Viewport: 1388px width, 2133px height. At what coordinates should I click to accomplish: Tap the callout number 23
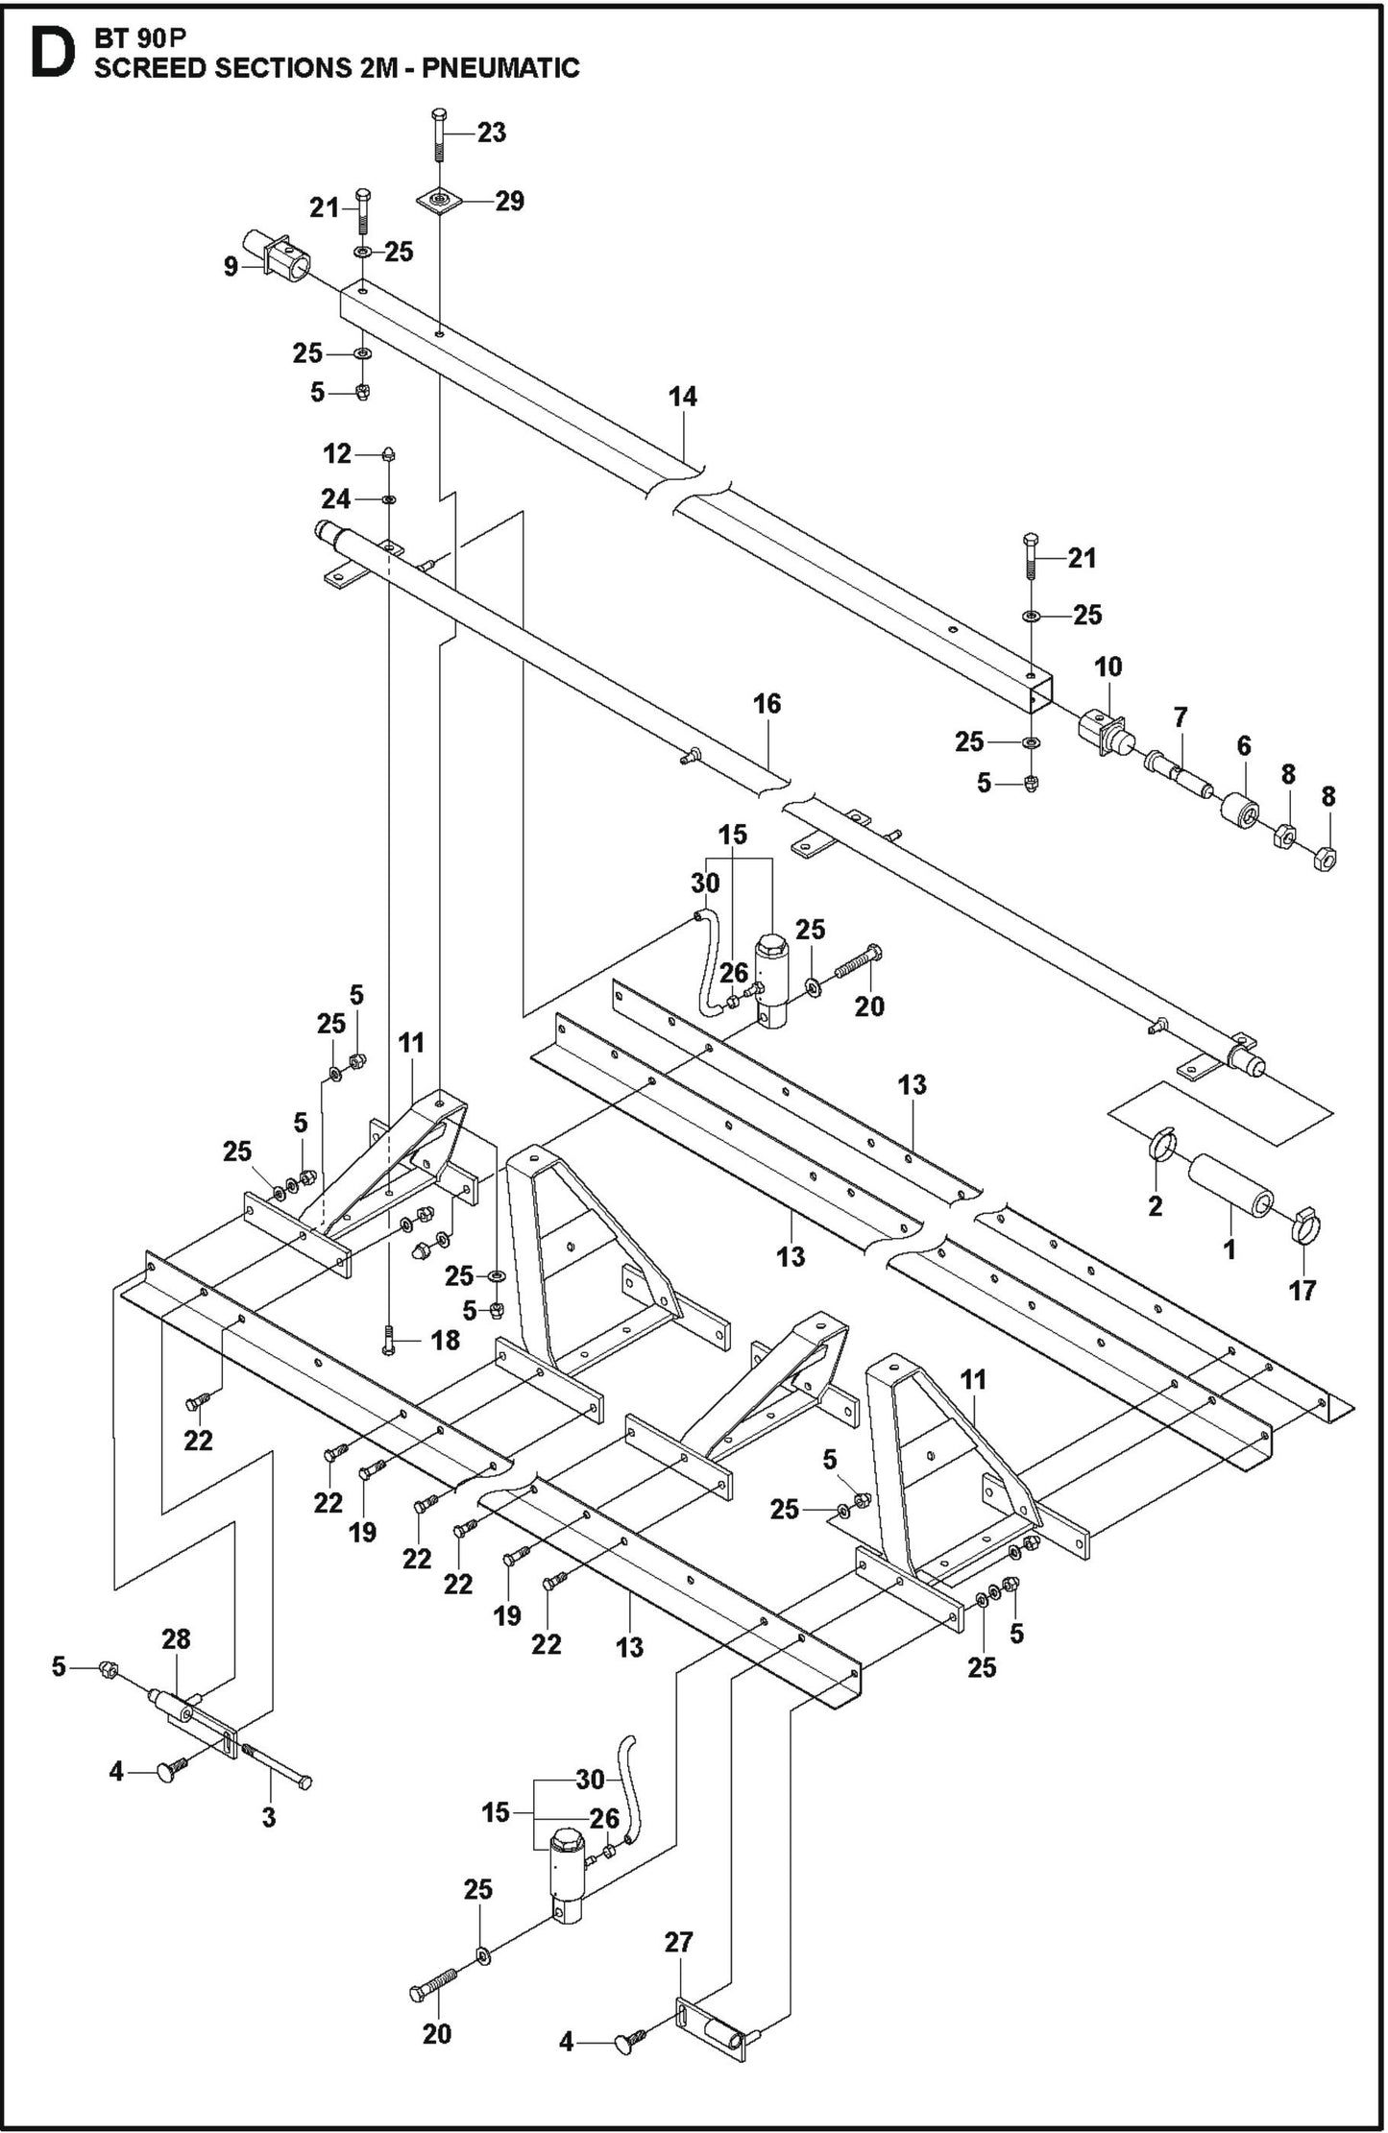pos(491,133)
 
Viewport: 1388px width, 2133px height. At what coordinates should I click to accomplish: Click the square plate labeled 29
pos(439,202)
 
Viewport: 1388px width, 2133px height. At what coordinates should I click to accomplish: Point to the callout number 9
pos(231,266)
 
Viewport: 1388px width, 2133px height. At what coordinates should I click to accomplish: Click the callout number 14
pos(683,396)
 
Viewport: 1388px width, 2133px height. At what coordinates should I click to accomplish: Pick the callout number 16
pos(767,704)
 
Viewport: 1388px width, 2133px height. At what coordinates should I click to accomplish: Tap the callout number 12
pos(337,453)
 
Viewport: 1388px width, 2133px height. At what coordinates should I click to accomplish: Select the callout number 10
pos(1108,667)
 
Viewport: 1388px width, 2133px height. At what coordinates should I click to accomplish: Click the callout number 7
pos(1181,716)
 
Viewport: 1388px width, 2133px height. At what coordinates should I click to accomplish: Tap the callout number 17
pos(1302,1289)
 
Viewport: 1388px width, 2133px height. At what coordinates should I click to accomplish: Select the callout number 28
pos(177,1639)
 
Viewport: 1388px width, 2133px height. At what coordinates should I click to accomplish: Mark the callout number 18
pos(445,1340)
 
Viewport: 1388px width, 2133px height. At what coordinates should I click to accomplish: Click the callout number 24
pos(335,498)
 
